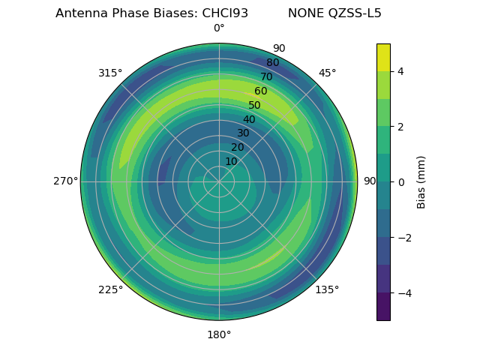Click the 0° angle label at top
pos(219,28)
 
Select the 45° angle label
pos(327,73)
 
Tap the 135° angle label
pos(327,289)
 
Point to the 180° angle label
pos(219,334)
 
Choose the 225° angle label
pos(110,289)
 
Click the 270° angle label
pos(65,181)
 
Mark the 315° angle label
pos(110,73)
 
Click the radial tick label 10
pos(231,161)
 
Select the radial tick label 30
pos(243,133)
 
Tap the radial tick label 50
pos(254,105)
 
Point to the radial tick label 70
pos(266,76)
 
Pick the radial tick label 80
pos(272,62)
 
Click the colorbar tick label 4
pos(400,71)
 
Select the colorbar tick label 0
pos(400,182)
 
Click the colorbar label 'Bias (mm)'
pos(421,182)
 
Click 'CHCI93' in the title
pos(225,13)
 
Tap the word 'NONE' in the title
pos(304,13)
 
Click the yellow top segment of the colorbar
pos(383,57)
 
